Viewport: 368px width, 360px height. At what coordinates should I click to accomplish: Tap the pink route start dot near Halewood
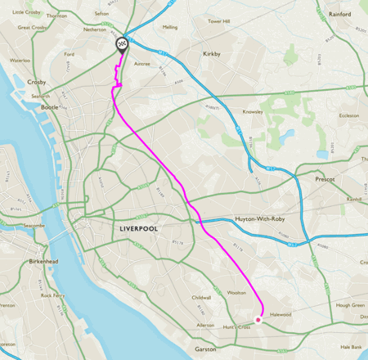258,320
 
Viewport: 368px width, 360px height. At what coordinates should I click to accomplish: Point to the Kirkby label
212,54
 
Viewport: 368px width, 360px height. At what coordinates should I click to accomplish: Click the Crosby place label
36,83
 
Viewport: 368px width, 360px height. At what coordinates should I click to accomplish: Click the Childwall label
200,298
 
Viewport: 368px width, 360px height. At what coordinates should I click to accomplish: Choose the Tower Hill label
219,21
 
